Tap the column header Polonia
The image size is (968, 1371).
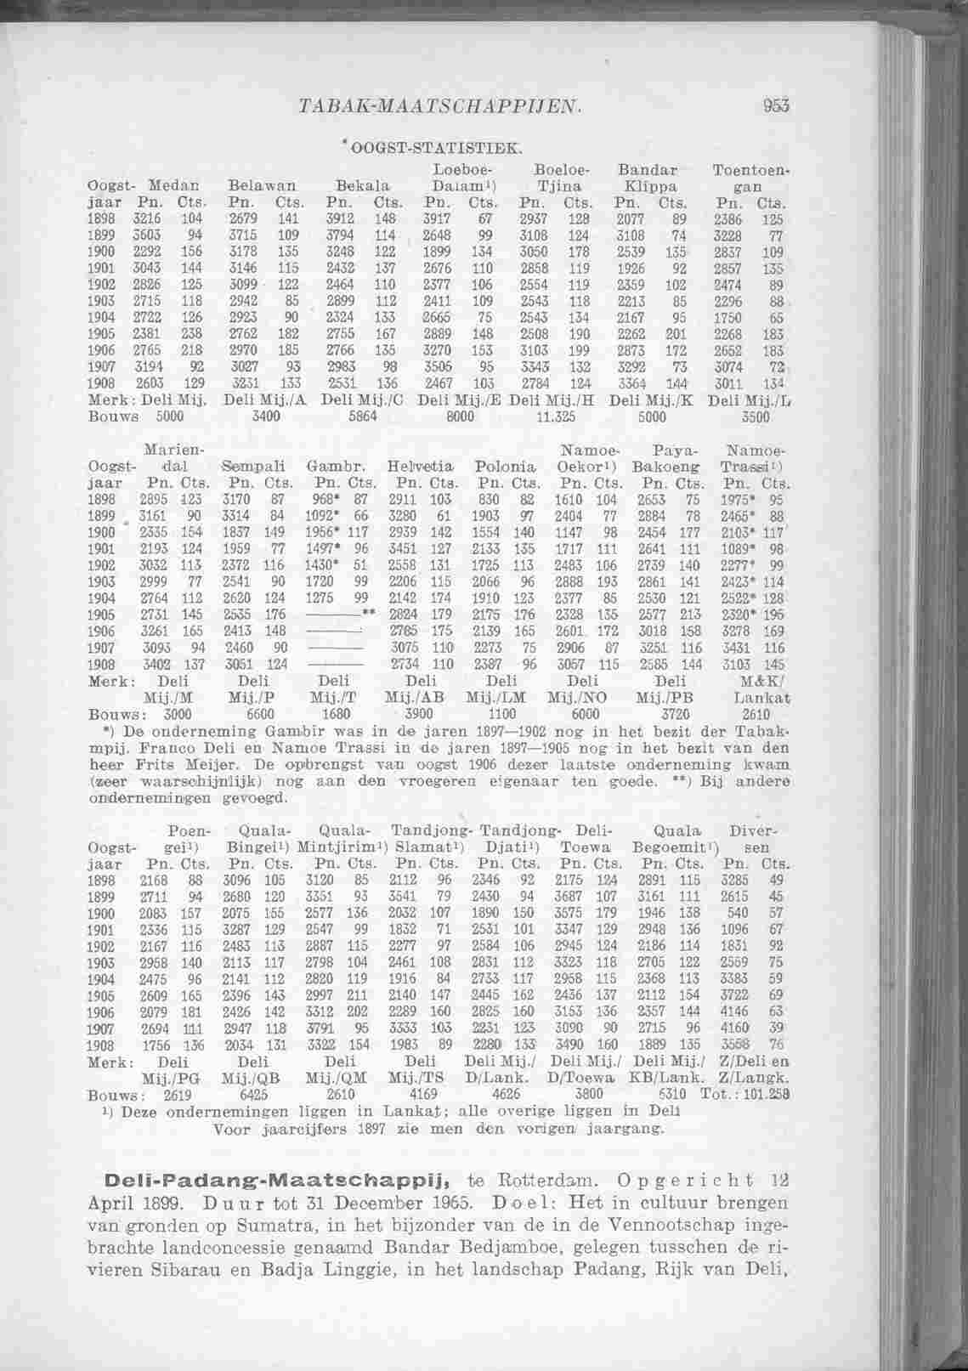[x=506, y=467]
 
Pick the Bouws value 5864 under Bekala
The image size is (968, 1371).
[x=366, y=417]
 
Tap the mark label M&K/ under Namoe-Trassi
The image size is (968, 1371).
[x=752, y=681]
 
